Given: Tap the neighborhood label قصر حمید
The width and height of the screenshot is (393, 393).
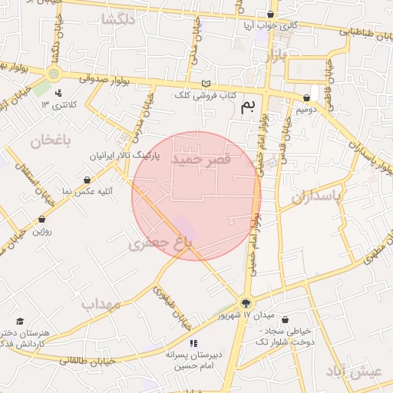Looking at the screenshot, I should [203, 160].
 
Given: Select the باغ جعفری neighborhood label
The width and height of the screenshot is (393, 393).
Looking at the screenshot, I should [159, 244].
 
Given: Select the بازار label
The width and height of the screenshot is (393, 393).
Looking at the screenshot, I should [273, 55].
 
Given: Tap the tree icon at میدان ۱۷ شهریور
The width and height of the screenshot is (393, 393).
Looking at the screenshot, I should [246, 303].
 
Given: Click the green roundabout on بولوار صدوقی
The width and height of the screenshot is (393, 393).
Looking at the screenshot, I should [53, 74].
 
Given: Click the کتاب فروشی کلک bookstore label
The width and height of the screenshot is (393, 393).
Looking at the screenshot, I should [203, 94].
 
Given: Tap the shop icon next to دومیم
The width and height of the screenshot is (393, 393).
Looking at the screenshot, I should [307, 98].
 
